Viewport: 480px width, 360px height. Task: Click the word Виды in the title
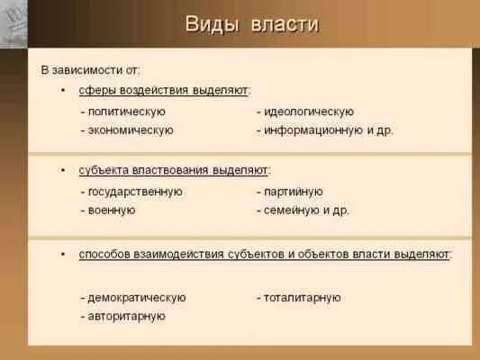click(x=211, y=24)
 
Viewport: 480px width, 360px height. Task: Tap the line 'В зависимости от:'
click(x=90, y=69)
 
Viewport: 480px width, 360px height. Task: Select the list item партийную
click(x=289, y=192)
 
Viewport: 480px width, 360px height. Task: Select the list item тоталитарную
click(x=298, y=298)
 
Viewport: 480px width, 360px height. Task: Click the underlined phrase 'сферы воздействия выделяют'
click(x=164, y=91)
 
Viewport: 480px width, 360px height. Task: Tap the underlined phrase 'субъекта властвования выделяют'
click(x=174, y=169)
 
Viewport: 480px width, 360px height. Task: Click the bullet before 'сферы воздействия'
click(x=62, y=91)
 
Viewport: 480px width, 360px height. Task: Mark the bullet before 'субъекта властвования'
click(x=62, y=169)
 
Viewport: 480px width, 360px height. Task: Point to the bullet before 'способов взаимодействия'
click(x=62, y=255)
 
